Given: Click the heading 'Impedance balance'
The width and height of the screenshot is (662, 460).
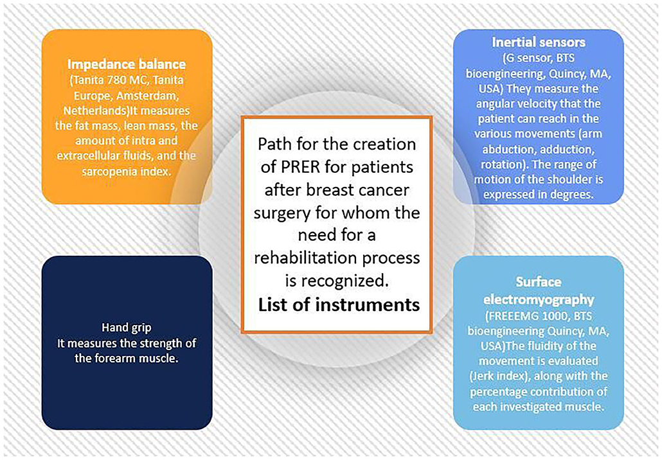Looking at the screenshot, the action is (127, 64).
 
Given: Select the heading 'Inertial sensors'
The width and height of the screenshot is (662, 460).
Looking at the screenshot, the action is (539, 42).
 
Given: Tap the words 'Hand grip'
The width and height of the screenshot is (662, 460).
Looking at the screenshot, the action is (127, 328).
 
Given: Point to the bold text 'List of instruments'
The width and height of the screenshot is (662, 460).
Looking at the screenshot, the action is (339, 305).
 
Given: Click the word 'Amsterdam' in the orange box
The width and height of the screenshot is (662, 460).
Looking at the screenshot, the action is (148, 96).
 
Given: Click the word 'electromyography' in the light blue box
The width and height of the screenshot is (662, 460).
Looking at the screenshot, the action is (539, 299).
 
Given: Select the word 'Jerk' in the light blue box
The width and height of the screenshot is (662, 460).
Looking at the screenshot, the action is (482, 376).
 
